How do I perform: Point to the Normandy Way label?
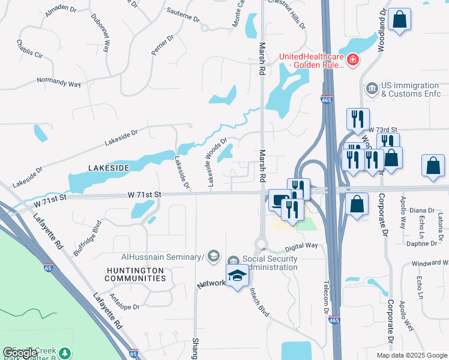[x=58, y=82]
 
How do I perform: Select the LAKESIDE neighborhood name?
[x=108, y=169]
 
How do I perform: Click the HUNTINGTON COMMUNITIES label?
[x=135, y=274]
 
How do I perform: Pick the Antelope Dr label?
[x=124, y=306]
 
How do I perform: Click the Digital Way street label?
[x=301, y=246]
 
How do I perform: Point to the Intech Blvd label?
[x=260, y=296]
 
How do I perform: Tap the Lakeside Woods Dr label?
[x=217, y=163]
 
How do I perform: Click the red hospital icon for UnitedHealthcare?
[x=353, y=59]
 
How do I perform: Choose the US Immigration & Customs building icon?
[x=372, y=89]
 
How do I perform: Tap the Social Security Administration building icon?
[x=234, y=259]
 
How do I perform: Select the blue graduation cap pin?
[x=237, y=275]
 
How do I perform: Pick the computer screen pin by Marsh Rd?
[x=279, y=200]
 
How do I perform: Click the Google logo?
[x=20, y=353]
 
